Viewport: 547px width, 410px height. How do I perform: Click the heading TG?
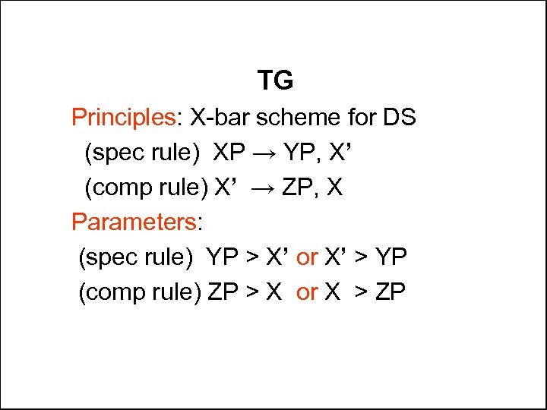(x=275, y=80)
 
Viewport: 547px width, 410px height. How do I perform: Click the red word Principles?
(x=123, y=118)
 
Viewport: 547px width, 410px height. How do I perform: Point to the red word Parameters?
(x=133, y=222)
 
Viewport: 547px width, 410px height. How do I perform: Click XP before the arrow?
(x=229, y=153)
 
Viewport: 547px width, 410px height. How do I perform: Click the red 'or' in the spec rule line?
(x=307, y=257)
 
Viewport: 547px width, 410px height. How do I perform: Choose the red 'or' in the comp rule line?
(x=307, y=292)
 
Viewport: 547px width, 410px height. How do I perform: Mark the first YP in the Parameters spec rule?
(x=223, y=257)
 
